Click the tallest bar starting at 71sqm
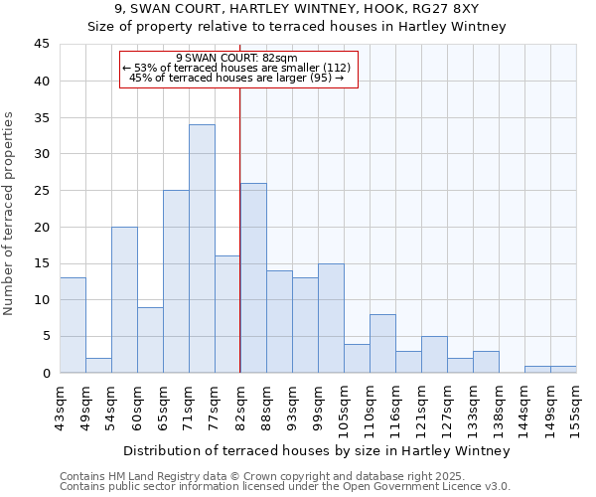(x=202, y=248)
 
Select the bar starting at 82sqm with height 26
(x=253, y=277)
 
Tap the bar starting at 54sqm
(x=124, y=299)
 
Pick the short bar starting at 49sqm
(x=98, y=366)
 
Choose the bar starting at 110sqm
(x=382, y=344)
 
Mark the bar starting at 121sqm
(x=434, y=355)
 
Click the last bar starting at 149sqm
(x=563, y=370)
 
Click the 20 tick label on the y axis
(x=41, y=227)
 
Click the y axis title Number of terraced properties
(x=9, y=213)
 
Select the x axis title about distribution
(x=318, y=450)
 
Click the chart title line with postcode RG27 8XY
(x=297, y=10)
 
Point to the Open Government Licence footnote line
(x=285, y=487)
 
